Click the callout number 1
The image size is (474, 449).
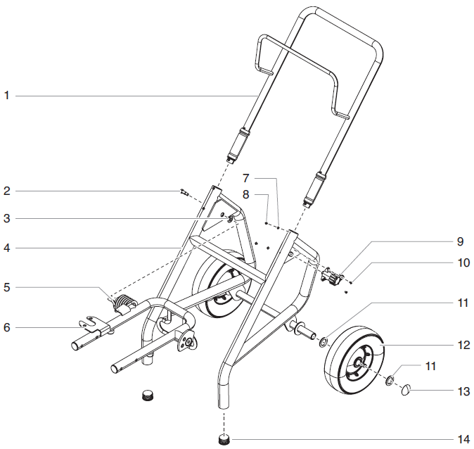(6, 95)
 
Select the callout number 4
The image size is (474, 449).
(6, 248)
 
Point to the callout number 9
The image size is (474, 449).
(459, 241)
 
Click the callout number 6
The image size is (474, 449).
(6, 327)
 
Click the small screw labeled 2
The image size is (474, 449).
(184, 192)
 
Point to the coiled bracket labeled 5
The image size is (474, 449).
(120, 305)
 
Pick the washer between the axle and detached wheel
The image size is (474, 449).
(324, 343)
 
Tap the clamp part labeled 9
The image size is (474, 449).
(331, 275)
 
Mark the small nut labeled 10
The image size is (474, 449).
(350, 282)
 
